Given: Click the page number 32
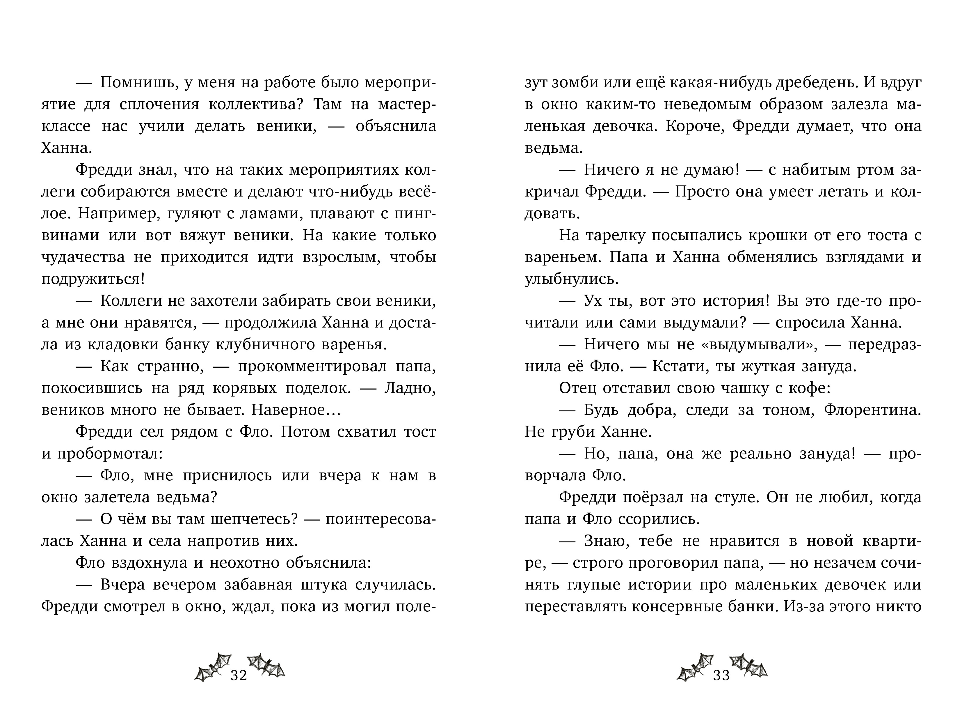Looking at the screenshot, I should [x=239, y=675].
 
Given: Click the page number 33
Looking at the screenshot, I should [x=721, y=675].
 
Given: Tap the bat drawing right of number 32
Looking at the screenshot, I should [x=266, y=666].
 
